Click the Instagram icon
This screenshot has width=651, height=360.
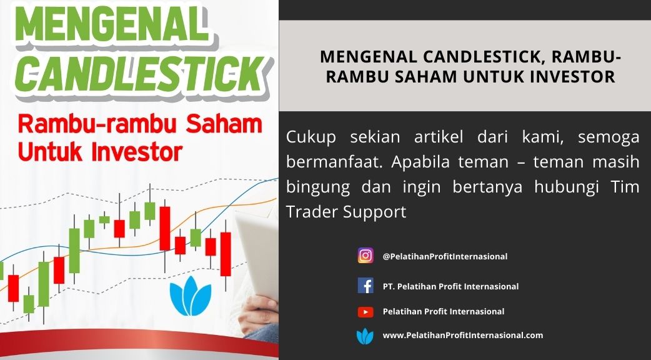(x=365, y=256)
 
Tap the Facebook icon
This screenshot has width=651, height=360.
(x=365, y=286)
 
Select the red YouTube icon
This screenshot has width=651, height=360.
(x=365, y=311)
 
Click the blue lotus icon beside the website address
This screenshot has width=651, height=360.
(x=365, y=336)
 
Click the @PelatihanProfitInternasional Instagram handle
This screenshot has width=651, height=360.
(x=445, y=257)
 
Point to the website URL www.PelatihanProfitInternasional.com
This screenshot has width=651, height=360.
(x=463, y=335)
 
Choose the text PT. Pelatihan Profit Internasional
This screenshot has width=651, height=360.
(x=450, y=286)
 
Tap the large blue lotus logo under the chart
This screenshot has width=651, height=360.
(x=191, y=296)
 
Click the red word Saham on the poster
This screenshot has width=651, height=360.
(x=224, y=124)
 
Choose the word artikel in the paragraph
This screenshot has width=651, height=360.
(x=439, y=137)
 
